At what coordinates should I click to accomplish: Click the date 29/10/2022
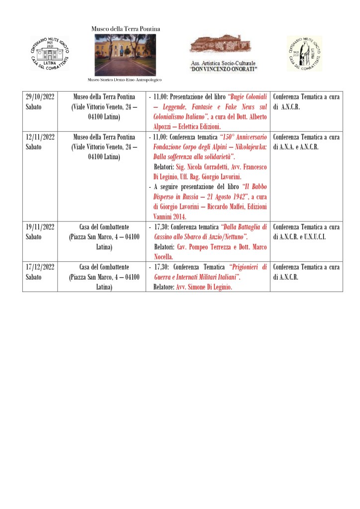tap(40, 97)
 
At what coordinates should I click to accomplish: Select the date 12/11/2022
tap(40, 137)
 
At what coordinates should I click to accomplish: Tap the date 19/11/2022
tap(40, 227)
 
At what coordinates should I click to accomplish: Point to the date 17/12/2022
tap(40, 267)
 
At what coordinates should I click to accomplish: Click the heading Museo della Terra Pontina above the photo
tap(126, 29)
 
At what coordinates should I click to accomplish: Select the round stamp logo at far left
tap(50, 53)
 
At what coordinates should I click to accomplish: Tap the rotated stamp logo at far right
tap(305, 53)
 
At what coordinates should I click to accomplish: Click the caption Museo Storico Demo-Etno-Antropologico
tap(124, 80)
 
